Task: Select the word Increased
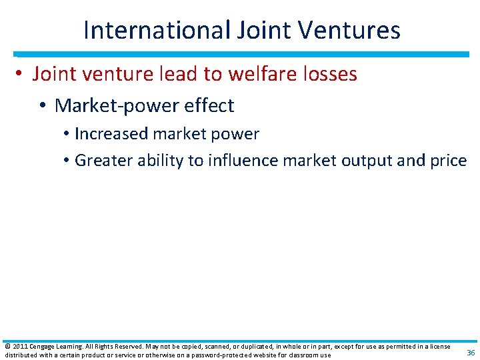(111, 133)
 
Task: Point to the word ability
(159, 160)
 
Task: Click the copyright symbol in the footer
(7, 347)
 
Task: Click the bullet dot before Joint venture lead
(22, 75)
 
